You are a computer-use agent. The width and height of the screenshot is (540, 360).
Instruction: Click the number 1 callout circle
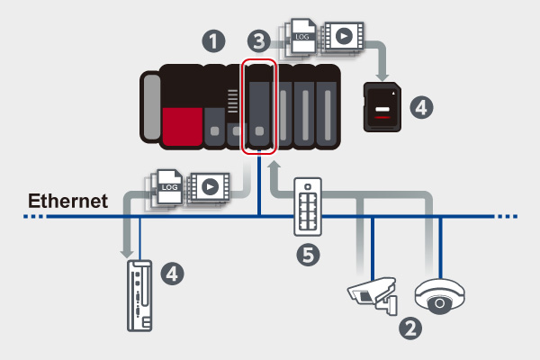[x=212, y=40]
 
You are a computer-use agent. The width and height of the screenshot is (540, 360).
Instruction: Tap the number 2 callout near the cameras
[x=410, y=328]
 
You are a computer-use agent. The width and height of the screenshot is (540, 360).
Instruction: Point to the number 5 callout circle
[x=309, y=256]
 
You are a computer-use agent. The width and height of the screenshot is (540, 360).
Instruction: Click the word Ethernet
[x=67, y=200]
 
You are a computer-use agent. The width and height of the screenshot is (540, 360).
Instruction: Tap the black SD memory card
[x=382, y=107]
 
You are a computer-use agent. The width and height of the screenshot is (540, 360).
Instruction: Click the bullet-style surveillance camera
[x=373, y=293]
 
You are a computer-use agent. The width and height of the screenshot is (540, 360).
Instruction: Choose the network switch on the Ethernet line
[x=309, y=212]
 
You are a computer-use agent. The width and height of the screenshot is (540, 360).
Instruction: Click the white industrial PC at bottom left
[x=139, y=294]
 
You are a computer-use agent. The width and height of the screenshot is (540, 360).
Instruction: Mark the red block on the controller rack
[x=183, y=125]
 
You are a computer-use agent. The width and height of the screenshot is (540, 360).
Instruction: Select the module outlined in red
[x=259, y=106]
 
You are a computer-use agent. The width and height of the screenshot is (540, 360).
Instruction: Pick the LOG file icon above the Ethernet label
[x=170, y=186]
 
